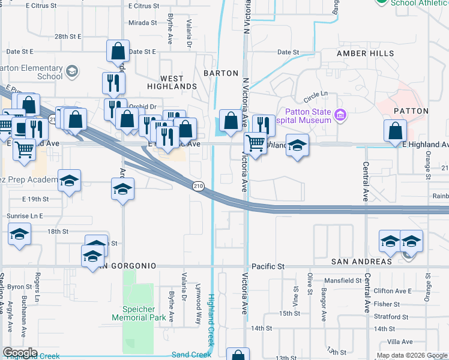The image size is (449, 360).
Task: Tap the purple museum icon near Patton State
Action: (340, 114)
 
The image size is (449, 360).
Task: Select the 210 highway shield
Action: (198, 187)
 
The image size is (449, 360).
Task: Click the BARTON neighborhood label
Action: (221, 73)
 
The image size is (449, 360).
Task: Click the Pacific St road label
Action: (267, 266)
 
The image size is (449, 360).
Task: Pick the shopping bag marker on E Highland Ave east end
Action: (396, 131)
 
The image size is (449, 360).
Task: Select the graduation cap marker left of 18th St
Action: (19, 235)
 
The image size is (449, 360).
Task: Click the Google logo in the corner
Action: (20, 353)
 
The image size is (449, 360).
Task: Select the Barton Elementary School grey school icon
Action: (72, 73)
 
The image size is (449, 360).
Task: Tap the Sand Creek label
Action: (191, 355)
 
